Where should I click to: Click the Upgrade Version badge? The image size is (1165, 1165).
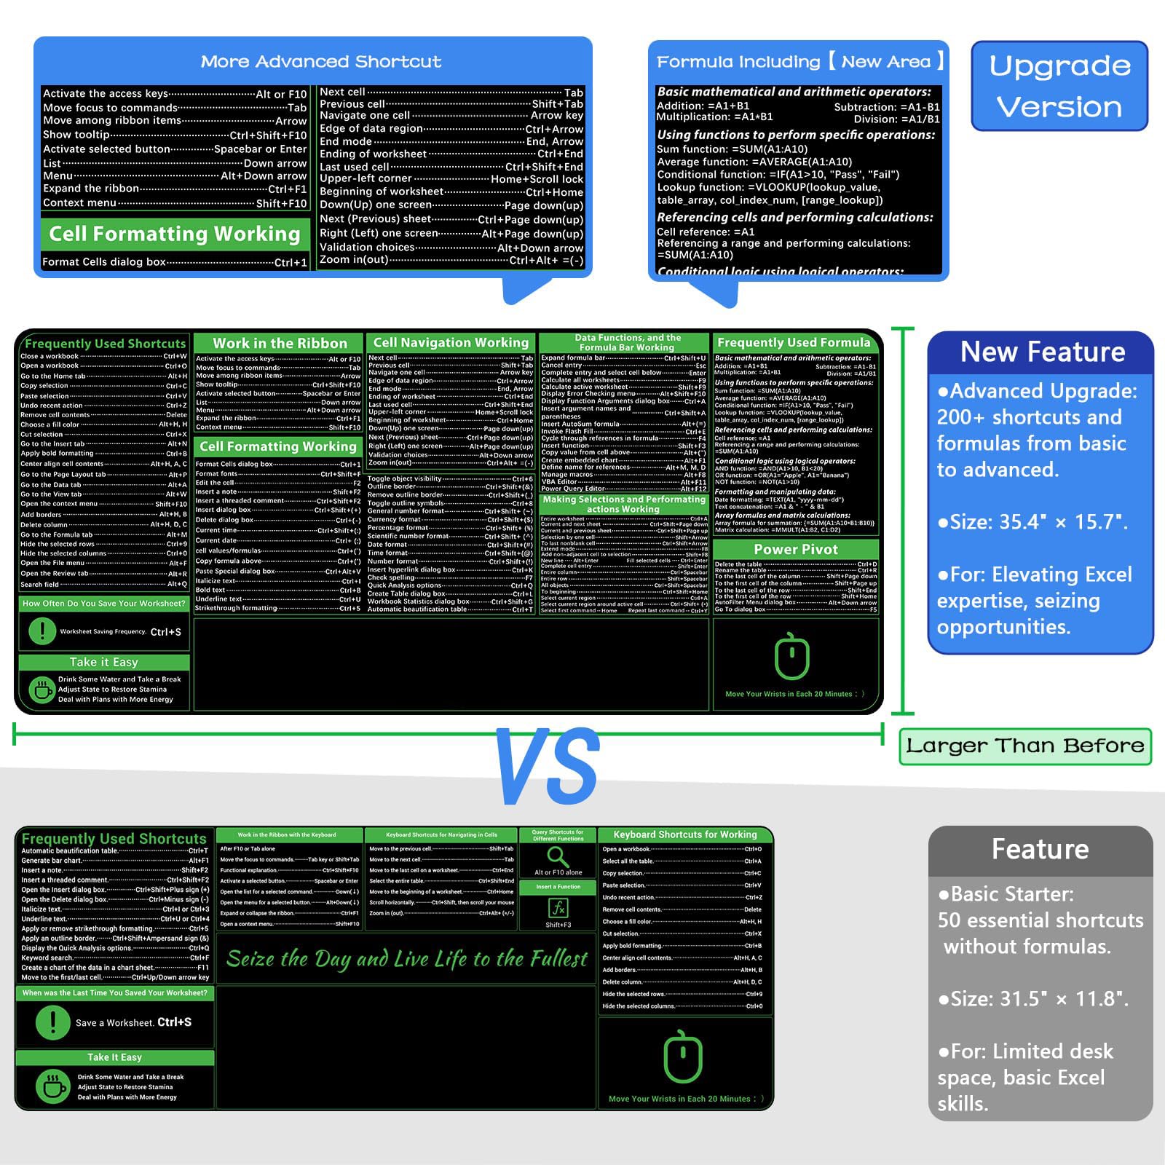tap(1059, 86)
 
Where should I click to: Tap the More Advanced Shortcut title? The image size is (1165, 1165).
tap(321, 62)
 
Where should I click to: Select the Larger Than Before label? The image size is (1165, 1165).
tap(1024, 746)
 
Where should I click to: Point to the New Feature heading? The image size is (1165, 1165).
tap(1042, 352)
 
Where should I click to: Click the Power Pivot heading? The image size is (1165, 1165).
tap(795, 550)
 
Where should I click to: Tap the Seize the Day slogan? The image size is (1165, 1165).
tap(406, 959)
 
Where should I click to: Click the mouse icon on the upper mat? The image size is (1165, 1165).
tap(792, 656)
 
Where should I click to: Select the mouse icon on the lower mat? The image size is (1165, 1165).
tap(683, 1057)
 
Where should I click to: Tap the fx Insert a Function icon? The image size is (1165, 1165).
tap(558, 908)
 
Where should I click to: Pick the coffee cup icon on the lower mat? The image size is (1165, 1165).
tap(52, 1086)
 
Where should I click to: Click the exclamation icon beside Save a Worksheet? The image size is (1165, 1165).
tap(52, 1022)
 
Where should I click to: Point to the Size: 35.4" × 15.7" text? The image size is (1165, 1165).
tap(1032, 522)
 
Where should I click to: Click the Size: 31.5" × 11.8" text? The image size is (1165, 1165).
tap(1032, 999)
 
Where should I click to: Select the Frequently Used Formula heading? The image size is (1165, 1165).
tap(794, 342)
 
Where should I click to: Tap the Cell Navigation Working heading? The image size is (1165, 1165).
tap(451, 342)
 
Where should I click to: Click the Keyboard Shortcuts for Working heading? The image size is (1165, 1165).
tap(684, 834)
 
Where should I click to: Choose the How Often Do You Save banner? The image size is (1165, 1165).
tap(104, 603)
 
